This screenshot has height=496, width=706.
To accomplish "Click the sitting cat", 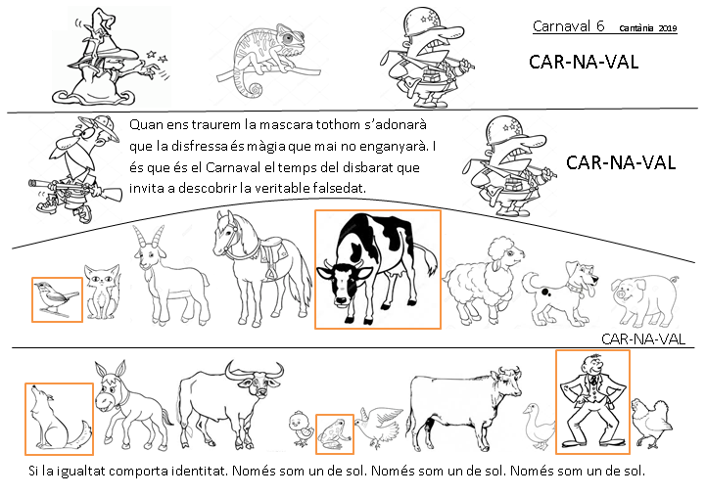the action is pos(102,292).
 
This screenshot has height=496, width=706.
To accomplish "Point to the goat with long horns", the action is pos(169,274).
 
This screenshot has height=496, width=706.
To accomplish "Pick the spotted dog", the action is pos(560,293).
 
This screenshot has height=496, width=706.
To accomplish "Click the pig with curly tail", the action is pos(645,299).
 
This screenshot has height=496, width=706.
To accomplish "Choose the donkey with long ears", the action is pos(128,405).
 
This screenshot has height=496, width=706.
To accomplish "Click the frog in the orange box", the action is pos(334,434).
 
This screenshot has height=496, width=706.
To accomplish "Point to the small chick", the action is pos(301,428).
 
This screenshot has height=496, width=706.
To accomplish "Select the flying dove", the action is pos(378,428).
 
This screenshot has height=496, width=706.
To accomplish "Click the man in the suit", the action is pos(592,401).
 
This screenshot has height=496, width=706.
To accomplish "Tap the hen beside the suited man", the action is pos(651,423).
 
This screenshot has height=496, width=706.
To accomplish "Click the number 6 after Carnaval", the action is pos(600,26).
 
